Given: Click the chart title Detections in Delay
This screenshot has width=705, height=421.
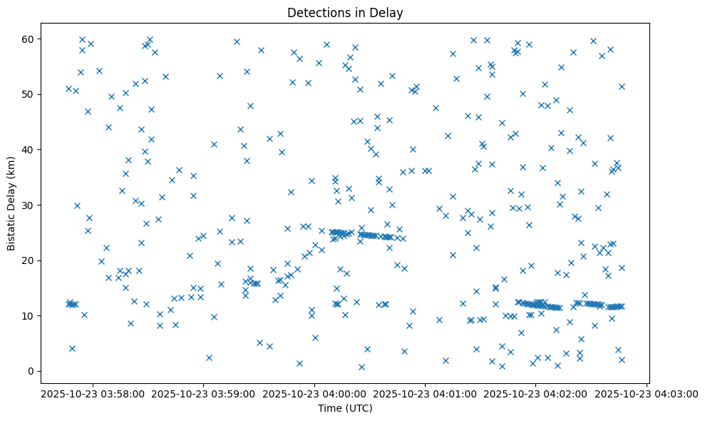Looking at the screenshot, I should (x=345, y=12).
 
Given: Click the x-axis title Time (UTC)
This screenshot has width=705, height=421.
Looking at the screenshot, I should (x=345, y=408).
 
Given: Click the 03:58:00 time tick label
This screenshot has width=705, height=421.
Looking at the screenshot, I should (x=93, y=393).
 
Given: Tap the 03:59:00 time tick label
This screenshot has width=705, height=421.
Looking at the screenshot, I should (x=204, y=393).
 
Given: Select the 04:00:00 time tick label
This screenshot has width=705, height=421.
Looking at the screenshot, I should (x=314, y=393).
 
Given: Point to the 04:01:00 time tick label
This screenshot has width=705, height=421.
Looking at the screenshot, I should (x=426, y=393).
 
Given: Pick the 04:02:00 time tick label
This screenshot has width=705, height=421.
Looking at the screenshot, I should (x=536, y=393).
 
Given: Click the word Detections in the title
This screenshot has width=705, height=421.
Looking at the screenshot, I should (x=317, y=12).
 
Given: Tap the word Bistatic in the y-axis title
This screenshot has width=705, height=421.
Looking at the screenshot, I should (x=11, y=229).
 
